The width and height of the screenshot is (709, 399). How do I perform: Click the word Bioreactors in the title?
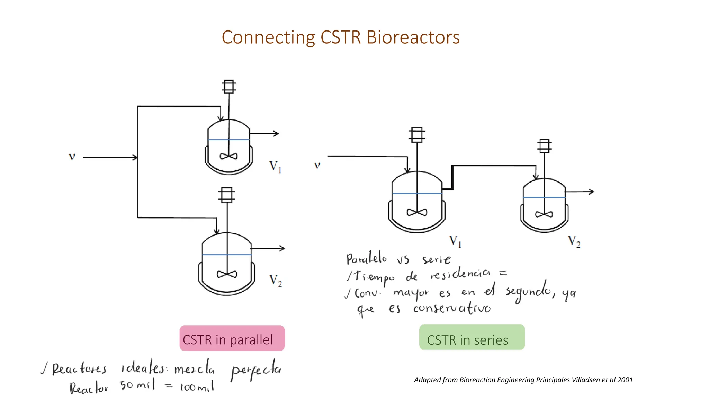413,37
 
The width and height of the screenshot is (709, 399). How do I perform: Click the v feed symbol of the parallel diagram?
72,157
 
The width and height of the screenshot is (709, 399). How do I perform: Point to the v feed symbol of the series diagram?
317,165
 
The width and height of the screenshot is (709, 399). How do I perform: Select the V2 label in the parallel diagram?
276,281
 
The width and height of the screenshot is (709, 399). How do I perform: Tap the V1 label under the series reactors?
455,241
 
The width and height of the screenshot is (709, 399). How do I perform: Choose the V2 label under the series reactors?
574,241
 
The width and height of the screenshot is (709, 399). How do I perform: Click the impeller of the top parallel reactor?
228,156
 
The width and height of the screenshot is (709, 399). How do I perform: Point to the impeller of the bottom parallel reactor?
227,274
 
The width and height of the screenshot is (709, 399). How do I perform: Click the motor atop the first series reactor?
417,135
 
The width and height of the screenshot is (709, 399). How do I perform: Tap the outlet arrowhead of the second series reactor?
591,192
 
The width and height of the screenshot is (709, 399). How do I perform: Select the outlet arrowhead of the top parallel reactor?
276,133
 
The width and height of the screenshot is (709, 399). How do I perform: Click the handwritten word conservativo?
452,308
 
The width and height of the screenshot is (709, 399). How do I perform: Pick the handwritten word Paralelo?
366,258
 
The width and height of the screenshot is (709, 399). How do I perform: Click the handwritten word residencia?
460,274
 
